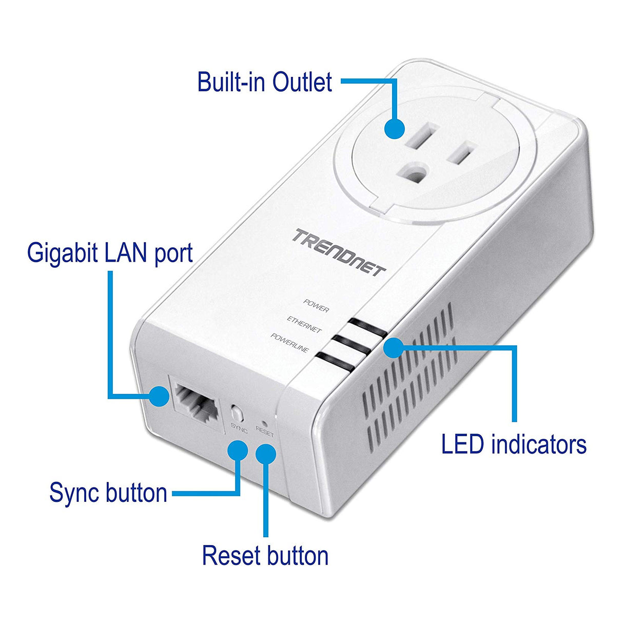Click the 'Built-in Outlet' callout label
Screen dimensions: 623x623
264,82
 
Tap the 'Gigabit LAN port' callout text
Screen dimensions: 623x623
110,254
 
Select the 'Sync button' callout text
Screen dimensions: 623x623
108,493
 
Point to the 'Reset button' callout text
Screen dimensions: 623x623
265,556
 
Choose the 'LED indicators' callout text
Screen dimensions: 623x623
513,444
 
